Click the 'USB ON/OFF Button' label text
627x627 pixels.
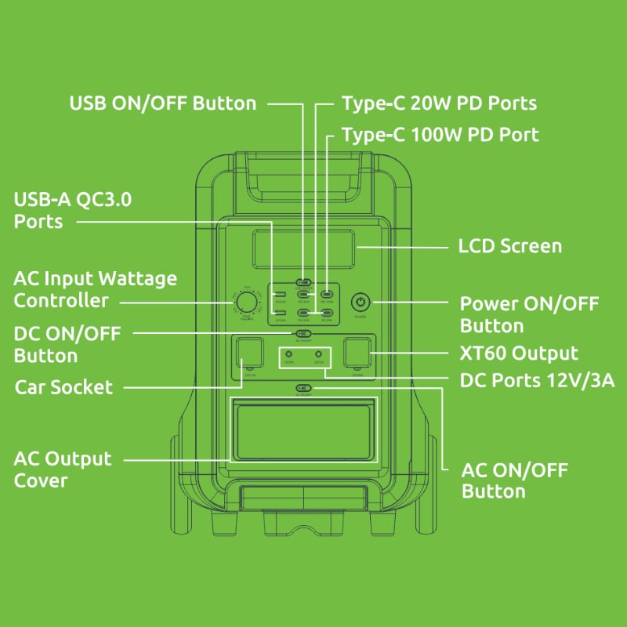163,103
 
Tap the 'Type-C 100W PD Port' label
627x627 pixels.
440,135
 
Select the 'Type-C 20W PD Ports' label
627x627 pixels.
439,103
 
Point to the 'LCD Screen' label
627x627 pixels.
509,246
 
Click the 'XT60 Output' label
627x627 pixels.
519,353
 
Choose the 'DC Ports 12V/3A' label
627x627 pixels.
537,381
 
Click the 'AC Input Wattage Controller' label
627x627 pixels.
95,289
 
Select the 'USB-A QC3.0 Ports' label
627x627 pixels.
73,210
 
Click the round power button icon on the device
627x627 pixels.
360,302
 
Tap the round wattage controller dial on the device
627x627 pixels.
245,303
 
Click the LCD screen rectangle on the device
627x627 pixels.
303,248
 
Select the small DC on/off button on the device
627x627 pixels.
303,333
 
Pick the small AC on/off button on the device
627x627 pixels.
303,388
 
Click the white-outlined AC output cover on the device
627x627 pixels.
303,429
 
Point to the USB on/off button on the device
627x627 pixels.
303,281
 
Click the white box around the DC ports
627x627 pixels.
303,357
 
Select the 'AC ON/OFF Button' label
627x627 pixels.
514,480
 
